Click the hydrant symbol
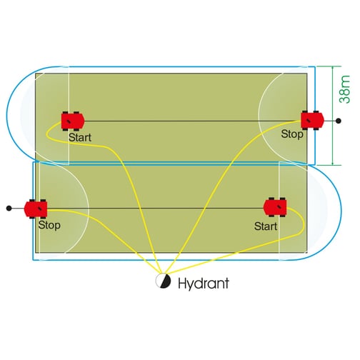(x=163, y=281)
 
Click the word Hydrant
(x=204, y=284)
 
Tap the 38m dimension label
(x=345, y=89)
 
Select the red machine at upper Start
(x=73, y=121)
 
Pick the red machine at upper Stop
(x=312, y=121)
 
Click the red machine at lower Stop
(x=36, y=209)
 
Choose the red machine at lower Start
(x=275, y=207)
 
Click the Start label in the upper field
(x=80, y=138)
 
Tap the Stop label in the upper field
(x=292, y=134)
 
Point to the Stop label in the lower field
(x=49, y=225)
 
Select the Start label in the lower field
(x=266, y=226)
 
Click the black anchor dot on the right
(x=339, y=121)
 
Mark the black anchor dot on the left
(x=9, y=209)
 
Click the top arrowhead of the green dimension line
(x=333, y=68)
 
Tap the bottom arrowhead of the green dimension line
(x=333, y=163)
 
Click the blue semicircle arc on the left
(x=6, y=114)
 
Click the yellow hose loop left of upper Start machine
(x=47, y=133)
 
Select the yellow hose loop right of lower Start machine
(x=304, y=223)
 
